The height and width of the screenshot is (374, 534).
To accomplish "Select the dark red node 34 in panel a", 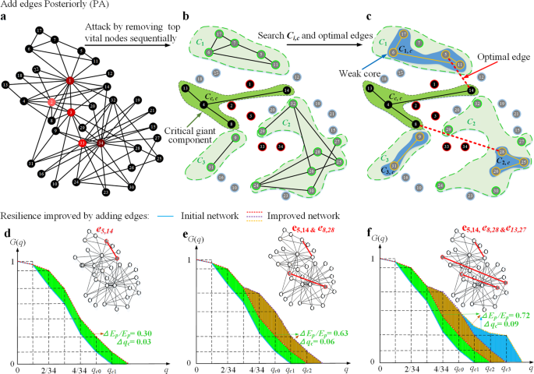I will click(x=101, y=143).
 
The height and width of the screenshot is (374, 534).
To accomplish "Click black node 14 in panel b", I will click(x=288, y=91).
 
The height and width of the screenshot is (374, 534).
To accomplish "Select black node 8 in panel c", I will click(x=417, y=124).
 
